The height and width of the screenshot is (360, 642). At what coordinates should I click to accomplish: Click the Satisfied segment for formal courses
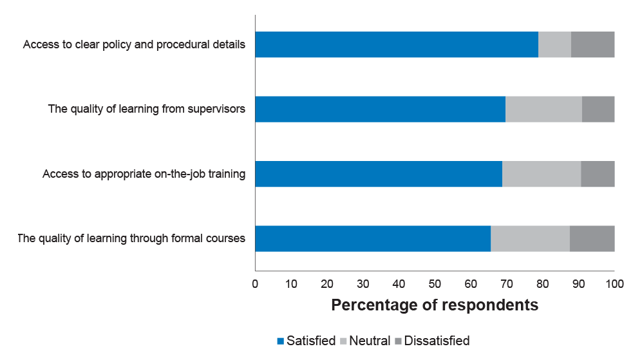coord(373,238)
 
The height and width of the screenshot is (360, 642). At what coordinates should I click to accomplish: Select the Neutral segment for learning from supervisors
coord(543,109)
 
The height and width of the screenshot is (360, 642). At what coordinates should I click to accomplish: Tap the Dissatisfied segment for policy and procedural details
coord(593,44)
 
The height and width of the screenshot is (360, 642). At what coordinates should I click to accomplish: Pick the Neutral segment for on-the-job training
coord(542,174)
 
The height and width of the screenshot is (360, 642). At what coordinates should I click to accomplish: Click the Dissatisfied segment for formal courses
coord(592,238)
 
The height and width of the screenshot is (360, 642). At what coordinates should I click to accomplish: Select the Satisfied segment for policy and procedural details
coord(397,44)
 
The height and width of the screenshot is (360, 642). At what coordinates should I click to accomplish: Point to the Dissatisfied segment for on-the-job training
coord(598,174)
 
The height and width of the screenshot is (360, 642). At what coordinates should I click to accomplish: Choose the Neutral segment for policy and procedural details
coord(555,44)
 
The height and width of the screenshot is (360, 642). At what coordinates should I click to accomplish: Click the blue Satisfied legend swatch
coord(281,341)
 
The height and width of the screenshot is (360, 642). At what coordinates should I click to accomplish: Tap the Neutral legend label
coord(370,341)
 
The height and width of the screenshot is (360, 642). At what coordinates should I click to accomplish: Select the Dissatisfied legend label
coord(437,341)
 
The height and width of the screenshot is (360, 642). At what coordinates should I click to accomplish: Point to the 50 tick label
coord(435,284)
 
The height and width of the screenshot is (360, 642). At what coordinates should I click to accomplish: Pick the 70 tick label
coord(507,284)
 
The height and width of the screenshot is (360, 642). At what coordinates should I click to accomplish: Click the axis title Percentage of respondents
coord(435,305)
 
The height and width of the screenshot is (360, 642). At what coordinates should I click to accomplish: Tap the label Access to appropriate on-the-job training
coord(144,174)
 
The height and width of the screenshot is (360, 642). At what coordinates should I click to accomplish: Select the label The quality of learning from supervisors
coord(147,109)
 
